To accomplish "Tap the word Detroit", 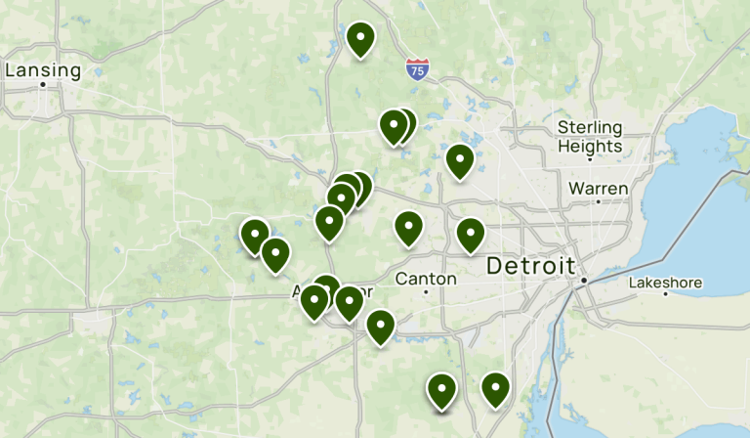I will pyautogui.click(x=530, y=265).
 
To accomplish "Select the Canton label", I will pyautogui.click(x=426, y=279).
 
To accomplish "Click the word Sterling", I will pyautogui.click(x=589, y=127).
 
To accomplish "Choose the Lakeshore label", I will pyautogui.click(x=665, y=284).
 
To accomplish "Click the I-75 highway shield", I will pyautogui.click(x=417, y=68).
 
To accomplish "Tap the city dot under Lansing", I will pyautogui.click(x=43, y=85).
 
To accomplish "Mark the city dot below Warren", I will pyautogui.click(x=598, y=201).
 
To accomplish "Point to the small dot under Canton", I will pyautogui.click(x=426, y=293).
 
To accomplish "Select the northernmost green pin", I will pyautogui.click(x=360, y=39).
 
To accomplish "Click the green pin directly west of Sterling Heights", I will pyautogui.click(x=459, y=160).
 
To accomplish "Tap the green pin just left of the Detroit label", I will pyautogui.click(x=471, y=235).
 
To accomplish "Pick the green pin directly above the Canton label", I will pyautogui.click(x=408, y=228).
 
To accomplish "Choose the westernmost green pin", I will pyautogui.click(x=255, y=236).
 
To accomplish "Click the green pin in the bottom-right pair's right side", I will pyautogui.click(x=496, y=389).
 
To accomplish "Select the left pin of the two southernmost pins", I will pyautogui.click(x=442, y=391).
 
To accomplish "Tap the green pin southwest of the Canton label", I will pyautogui.click(x=380, y=327).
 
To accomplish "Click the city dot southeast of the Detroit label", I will pyautogui.click(x=583, y=282).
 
